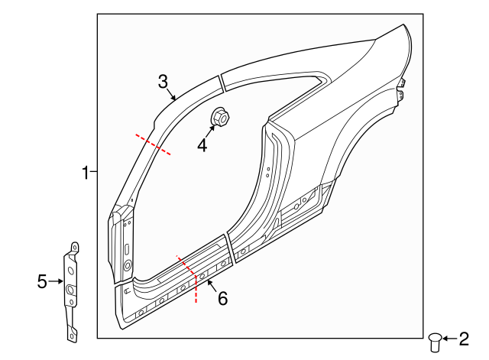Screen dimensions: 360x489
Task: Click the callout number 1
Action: tap(86, 174)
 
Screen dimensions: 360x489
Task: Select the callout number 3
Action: tap(162, 82)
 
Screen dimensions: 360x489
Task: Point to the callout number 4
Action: tap(202, 144)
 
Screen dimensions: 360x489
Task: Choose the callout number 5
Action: tap(42, 282)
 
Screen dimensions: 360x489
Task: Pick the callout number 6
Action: tap(222, 298)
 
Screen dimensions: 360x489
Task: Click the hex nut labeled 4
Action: tap(218, 118)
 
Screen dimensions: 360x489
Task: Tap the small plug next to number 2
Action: tap(436, 341)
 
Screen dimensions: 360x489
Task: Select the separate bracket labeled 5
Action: tap(71, 290)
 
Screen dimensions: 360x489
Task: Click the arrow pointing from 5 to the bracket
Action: tap(57, 282)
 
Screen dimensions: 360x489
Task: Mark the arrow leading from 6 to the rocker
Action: tap(210, 287)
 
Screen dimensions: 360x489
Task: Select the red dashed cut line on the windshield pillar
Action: tap(153, 144)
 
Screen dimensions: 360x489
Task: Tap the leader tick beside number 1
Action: tap(93, 174)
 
